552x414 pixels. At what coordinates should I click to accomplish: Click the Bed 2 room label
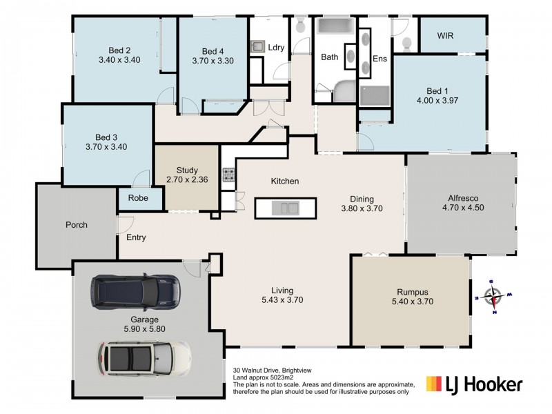tap(119, 50)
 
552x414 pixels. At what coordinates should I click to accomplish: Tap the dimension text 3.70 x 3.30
tap(213, 61)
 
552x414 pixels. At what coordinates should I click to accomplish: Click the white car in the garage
tap(145, 358)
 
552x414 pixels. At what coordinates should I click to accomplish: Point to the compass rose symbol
tap(493, 297)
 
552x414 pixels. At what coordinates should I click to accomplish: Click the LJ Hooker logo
tap(474, 383)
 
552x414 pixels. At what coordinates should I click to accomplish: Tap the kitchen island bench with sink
tap(285, 207)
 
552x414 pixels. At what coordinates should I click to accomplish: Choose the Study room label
tap(187, 170)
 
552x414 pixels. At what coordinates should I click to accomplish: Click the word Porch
tap(77, 225)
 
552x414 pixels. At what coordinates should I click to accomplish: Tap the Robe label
tap(137, 197)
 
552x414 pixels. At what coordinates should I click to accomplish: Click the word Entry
tap(136, 237)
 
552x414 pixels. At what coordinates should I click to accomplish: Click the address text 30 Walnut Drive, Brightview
tap(275, 370)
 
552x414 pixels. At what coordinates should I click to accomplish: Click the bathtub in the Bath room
tap(334, 26)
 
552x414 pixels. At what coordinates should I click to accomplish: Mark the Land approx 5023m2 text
tap(262, 377)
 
